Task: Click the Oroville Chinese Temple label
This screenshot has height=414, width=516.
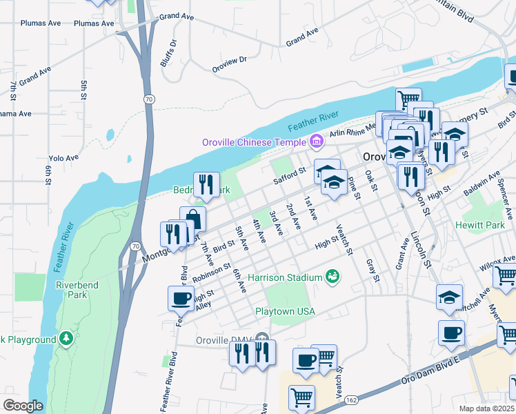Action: tap(254, 143)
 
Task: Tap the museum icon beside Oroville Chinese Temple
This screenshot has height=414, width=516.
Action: tap(317, 142)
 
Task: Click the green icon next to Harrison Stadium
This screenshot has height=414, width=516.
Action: tap(333, 277)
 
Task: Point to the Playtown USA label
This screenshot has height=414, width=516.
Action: tap(285, 311)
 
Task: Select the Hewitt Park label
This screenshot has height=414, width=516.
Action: tap(480, 225)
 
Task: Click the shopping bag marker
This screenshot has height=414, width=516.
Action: tap(192, 220)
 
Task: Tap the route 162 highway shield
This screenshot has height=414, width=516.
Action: tap(352, 400)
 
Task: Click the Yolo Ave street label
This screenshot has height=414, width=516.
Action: tap(63, 158)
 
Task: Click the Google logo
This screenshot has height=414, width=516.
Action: tap(23, 406)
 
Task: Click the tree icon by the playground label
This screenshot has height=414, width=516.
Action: tap(66, 338)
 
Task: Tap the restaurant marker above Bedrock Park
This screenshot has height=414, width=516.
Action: tap(206, 184)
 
